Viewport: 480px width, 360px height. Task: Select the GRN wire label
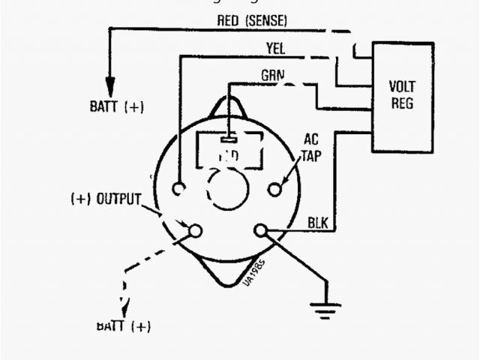[x=272, y=76]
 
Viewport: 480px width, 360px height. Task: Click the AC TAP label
[x=310, y=148]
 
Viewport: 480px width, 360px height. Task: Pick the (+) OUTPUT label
[x=106, y=199]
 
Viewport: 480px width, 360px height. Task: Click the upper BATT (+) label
[x=116, y=106]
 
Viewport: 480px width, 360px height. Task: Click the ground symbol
[x=326, y=307]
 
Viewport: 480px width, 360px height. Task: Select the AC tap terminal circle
[x=274, y=189]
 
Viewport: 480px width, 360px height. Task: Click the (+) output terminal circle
[x=195, y=231]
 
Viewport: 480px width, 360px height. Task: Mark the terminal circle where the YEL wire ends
[x=179, y=189]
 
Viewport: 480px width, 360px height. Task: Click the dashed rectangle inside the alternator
[x=228, y=150]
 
